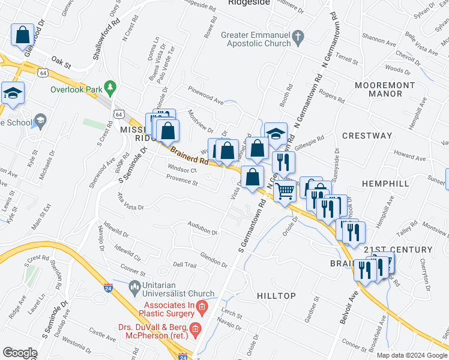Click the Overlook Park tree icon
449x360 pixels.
pos(110,88)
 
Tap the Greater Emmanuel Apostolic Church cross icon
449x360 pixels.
pos(297,39)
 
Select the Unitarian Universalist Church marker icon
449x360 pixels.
pos(134,286)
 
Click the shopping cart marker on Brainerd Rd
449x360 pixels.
pos(286,191)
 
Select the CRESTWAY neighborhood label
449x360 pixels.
pos(367,136)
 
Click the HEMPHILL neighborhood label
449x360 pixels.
pos(386,183)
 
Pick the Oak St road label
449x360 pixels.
pos(61,61)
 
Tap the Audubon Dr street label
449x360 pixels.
pos(202,229)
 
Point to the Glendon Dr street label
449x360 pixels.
pos(214,256)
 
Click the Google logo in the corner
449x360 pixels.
pos(20,353)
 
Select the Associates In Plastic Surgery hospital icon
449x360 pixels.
pos(202,308)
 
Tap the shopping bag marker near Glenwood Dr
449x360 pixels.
pos(23,36)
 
